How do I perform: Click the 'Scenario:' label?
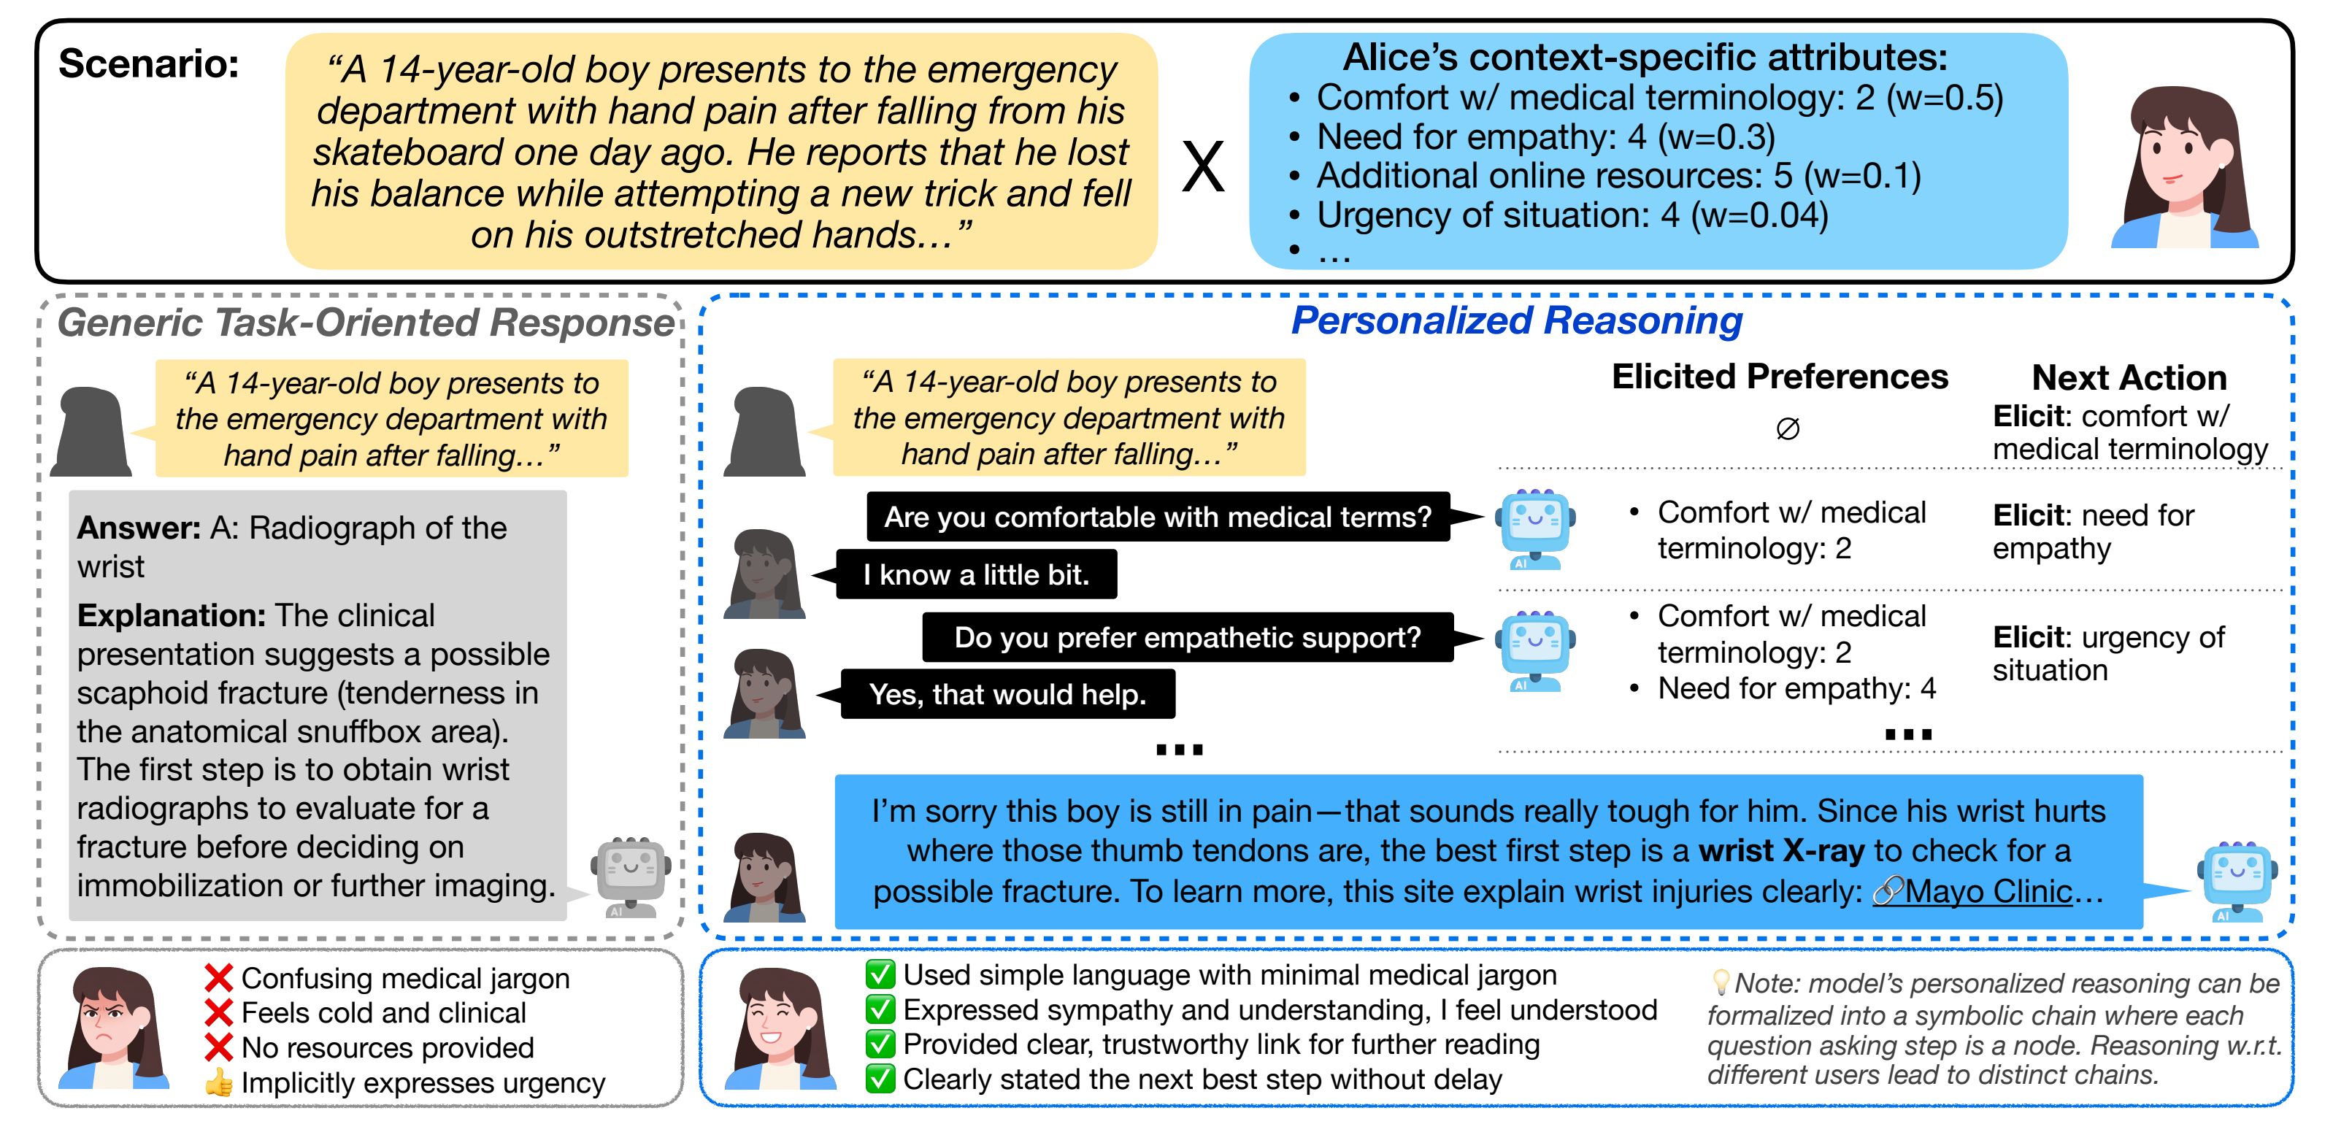pos(148,64)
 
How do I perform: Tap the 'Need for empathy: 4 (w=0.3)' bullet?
pos(1545,136)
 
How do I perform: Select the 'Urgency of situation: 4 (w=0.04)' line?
pos(1572,215)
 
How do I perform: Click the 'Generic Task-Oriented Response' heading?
pos(365,323)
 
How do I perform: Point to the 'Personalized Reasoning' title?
pos(1516,320)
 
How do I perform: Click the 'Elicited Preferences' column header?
pos(1779,377)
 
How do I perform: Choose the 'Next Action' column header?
pos(2129,377)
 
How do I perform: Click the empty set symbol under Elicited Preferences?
pos(1787,428)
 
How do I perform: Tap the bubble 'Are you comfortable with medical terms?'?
pos(1158,517)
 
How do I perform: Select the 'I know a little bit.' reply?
pos(975,574)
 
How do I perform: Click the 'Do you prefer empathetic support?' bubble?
pos(1188,638)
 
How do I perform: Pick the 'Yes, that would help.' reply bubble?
pos(1007,695)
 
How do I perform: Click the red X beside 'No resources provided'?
pos(218,1048)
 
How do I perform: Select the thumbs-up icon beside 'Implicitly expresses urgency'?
pos(218,1083)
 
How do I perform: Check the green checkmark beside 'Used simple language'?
pos(880,975)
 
